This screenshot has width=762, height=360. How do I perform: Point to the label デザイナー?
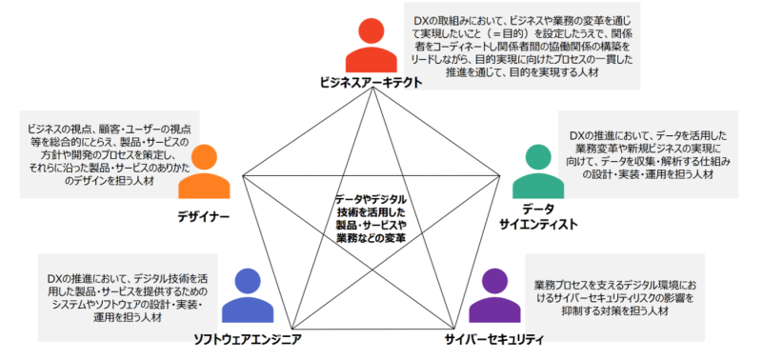[203, 215]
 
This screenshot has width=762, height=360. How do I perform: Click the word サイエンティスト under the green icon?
[538, 225]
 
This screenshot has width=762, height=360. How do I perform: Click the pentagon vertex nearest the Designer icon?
[242, 177]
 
